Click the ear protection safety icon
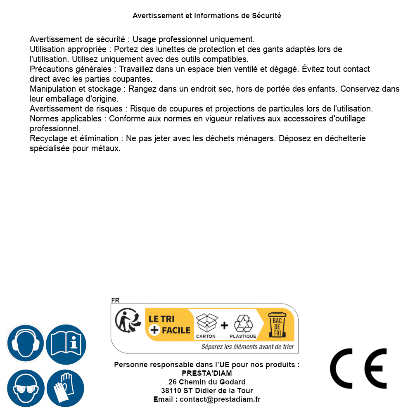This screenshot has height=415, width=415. [25, 344]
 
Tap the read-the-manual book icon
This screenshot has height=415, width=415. [66, 344]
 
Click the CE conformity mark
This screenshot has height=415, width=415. [358, 368]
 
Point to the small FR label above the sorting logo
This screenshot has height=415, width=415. [115, 300]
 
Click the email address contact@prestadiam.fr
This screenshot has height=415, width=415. [220, 399]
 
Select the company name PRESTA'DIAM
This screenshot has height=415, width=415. [207, 373]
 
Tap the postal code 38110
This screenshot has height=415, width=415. [171, 391]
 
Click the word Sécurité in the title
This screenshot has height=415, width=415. [266, 16]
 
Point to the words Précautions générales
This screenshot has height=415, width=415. [71, 69]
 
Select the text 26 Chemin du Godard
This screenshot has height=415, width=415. [207, 382]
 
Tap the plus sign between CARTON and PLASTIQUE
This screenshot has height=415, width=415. [224, 325]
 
